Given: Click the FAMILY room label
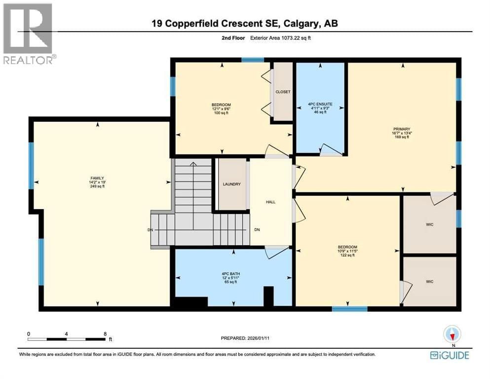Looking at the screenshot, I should pos(97,178).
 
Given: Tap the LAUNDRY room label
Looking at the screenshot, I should pos(231,184).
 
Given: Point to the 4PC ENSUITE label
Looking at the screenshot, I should pos(320,104).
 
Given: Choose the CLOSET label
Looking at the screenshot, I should pos(283,92).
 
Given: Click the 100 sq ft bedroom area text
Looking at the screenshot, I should pos(221,113).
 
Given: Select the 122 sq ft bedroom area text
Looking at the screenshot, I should pos(347,255).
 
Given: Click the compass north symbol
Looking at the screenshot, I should pos(452,335).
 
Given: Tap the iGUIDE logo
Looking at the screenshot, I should pos(449,355).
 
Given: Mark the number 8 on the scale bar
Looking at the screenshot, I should pos(105,333).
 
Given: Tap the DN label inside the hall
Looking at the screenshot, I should pos(257,230).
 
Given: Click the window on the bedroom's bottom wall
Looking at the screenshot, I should pos(349,309).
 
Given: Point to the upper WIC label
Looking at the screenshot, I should pos(429,225).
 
